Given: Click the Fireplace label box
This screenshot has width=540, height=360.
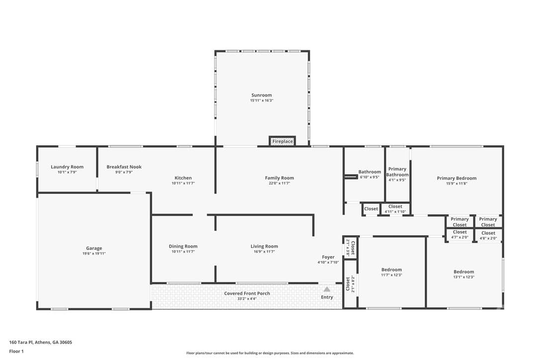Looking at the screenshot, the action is click(x=282, y=141).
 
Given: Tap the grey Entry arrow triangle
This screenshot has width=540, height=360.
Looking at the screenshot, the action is click(x=327, y=289).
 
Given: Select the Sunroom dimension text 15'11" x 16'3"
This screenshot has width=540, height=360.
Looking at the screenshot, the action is click(x=262, y=100).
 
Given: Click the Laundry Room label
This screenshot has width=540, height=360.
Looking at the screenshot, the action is click(x=67, y=167).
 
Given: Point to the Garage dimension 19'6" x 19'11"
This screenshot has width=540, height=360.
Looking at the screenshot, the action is click(x=94, y=254).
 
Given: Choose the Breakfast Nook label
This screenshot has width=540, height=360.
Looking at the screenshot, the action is click(x=124, y=167).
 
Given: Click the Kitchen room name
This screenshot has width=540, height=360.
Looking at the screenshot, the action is click(x=183, y=178).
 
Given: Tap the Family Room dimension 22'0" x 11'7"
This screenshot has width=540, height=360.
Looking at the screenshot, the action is click(x=279, y=183).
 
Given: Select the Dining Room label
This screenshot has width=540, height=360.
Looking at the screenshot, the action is click(x=183, y=246).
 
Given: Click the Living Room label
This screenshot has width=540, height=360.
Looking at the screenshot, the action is click(x=264, y=246).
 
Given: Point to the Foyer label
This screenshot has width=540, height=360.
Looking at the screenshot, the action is click(x=328, y=257).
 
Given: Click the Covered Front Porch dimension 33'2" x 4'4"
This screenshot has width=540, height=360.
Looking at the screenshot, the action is click(x=247, y=299).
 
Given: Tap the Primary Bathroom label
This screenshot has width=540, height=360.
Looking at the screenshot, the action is click(x=397, y=172).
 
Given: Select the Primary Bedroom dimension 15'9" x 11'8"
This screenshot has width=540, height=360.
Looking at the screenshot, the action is click(x=456, y=183).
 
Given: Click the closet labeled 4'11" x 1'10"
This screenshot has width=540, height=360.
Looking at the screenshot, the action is click(x=395, y=209).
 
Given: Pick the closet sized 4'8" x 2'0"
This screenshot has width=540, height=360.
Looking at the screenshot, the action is click(x=488, y=235).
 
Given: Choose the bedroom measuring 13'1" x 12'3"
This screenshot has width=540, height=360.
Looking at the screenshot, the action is click(x=464, y=274).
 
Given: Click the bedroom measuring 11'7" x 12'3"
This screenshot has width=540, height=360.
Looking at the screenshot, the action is click(x=391, y=272).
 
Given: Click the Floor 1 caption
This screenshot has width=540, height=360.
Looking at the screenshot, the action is click(x=16, y=352).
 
